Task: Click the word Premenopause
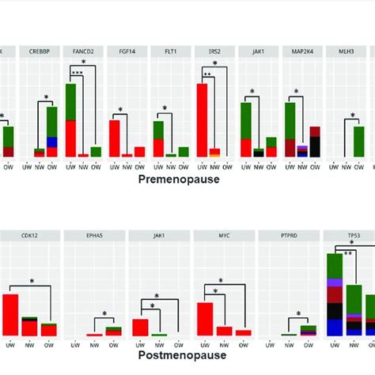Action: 179,180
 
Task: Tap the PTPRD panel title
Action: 287,235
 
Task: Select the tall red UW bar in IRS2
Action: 202,119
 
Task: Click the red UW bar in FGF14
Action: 114,137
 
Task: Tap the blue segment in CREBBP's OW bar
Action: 52,142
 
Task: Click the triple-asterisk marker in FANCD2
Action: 77,72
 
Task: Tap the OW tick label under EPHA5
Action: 114,344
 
